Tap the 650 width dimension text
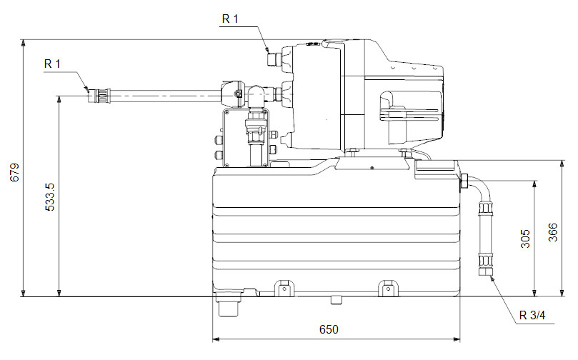[x=328, y=329]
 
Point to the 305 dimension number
[x=526, y=238]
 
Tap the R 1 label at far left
[x=53, y=64]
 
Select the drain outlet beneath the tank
[x=229, y=309]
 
